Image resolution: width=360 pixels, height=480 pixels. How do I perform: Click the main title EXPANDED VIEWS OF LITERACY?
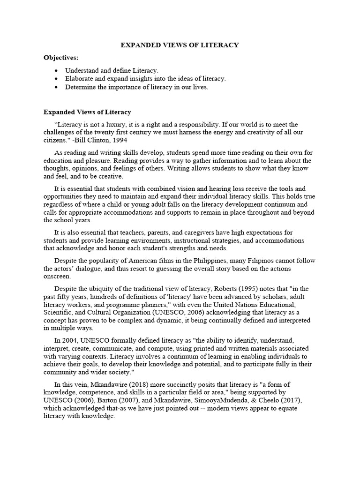tap(180, 45)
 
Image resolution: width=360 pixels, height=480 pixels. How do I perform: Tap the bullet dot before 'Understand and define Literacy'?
tap(57, 70)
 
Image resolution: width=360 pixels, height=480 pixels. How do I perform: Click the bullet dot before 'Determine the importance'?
tap(57, 87)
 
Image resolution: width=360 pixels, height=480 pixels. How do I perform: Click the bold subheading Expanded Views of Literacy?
tap(87, 112)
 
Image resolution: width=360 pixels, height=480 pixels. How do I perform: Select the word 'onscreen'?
tap(56, 277)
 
